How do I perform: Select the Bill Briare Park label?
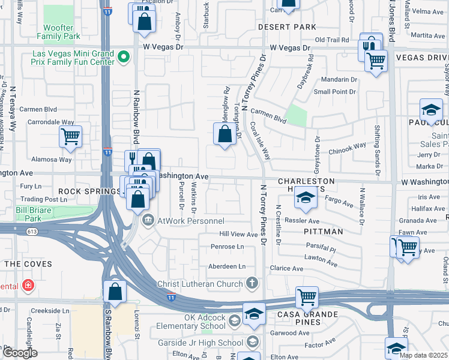(29, 214)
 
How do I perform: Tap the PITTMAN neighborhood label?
(323, 231)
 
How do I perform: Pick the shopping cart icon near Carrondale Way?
(70, 136)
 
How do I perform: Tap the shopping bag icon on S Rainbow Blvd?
(115, 292)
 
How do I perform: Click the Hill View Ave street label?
(238, 234)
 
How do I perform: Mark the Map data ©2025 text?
(423, 355)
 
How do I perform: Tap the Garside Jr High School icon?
(253, 342)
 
